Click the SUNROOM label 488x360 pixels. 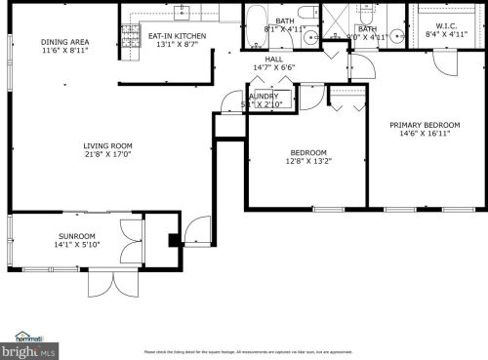tap(76, 236)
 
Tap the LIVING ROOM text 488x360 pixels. tap(107, 144)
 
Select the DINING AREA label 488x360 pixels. tap(65, 42)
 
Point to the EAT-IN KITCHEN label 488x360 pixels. tap(176, 36)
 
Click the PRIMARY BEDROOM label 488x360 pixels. tap(425, 125)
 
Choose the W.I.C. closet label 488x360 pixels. tap(446, 26)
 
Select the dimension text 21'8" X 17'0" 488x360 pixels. tap(107, 153)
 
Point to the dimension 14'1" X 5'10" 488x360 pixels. tap(76, 245)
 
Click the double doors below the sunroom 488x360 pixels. tap(107, 283)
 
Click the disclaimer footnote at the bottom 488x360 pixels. tap(248, 351)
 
